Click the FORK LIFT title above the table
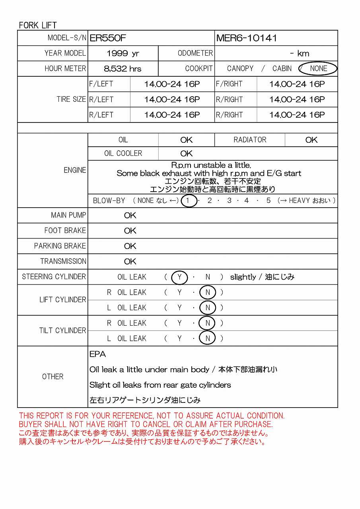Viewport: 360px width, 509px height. (38, 25)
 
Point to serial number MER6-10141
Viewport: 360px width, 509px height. (247, 38)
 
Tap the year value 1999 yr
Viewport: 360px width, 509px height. (123, 54)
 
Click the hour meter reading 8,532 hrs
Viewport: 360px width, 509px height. (123, 69)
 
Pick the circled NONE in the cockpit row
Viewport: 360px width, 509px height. (318, 68)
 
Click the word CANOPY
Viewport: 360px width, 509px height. (240, 68)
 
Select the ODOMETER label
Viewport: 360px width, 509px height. (195, 53)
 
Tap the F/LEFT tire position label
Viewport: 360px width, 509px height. (101, 84)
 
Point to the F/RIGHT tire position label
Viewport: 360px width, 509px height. (229, 84)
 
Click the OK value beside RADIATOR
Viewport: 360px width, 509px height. (311, 140)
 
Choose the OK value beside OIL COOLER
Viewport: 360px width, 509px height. (186, 153)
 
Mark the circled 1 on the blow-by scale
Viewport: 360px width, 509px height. (188, 201)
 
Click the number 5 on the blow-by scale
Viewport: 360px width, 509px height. (269, 201)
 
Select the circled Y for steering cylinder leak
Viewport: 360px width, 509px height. (179, 277)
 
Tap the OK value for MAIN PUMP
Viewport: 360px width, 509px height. (130, 216)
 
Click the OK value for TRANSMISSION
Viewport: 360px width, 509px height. (130, 262)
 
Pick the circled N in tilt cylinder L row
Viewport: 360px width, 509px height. (207, 338)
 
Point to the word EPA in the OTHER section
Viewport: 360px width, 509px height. (97, 354)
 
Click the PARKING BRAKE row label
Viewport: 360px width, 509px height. (60, 246)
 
